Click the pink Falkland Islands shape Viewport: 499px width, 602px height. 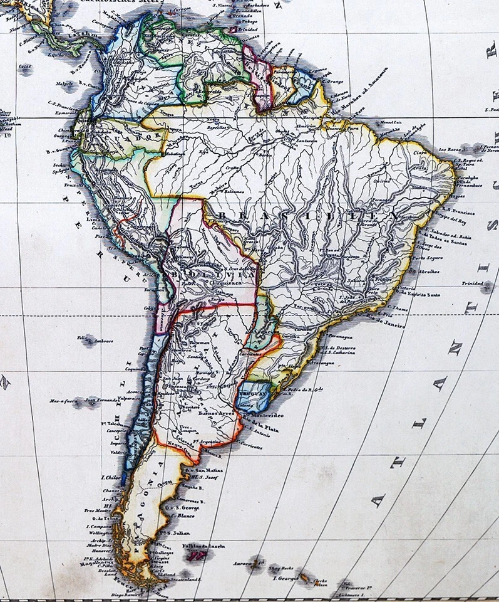200,555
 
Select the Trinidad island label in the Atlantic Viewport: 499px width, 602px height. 475,283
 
